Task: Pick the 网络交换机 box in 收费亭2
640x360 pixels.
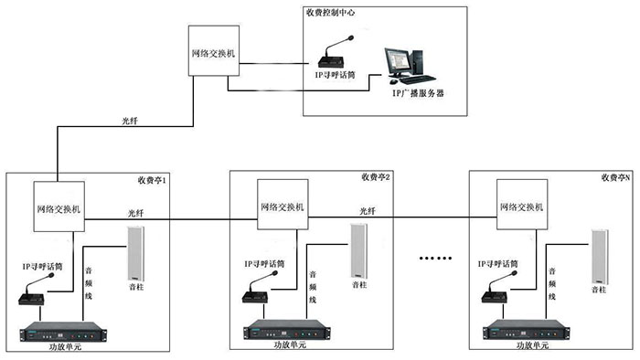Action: pos(283,207)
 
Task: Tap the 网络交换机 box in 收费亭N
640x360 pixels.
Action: pos(521,207)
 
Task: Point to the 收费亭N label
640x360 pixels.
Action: pos(614,176)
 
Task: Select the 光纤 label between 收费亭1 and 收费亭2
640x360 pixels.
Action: pos(135,213)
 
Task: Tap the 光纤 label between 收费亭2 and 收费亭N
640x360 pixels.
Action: pos(367,210)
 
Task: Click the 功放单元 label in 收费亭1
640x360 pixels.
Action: pos(67,348)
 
